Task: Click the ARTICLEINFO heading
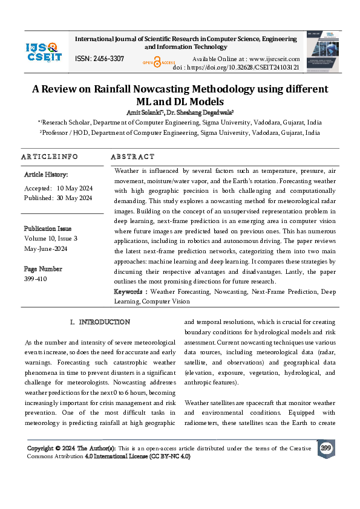50,157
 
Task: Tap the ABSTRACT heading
133,157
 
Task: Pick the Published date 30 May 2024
74,198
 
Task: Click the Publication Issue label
48,229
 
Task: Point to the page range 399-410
35,279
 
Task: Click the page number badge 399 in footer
326,449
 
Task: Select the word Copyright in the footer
43,448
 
